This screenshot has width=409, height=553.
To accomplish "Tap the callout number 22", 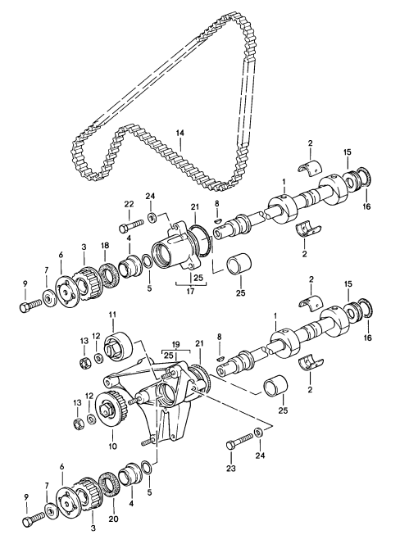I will point(128,204).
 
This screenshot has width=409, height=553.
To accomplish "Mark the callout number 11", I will point(113,314).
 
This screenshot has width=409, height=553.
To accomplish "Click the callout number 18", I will point(105,245).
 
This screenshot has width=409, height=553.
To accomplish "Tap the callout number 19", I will point(175,345).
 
